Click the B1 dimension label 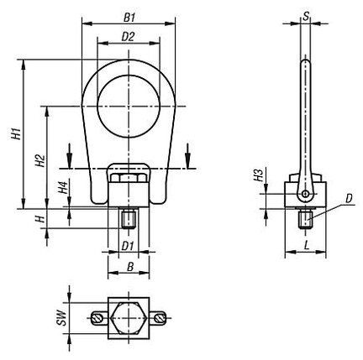(x=129, y=18)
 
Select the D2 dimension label (x=128, y=37)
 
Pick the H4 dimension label (x=63, y=187)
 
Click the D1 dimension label (x=128, y=247)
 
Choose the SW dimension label (x=61, y=318)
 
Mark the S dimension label (x=306, y=16)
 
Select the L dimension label (x=307, y=246)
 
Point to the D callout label (x=348, y=199)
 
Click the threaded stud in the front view (x=129, y=219)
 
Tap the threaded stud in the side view (x=305, y=219)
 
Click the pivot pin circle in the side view (x=305, y=194)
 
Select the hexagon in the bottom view (x=129, y=318)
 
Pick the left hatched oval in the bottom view (x=96, y=318)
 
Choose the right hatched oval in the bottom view (x=160, y=318)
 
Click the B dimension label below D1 (x=130, y=267)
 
